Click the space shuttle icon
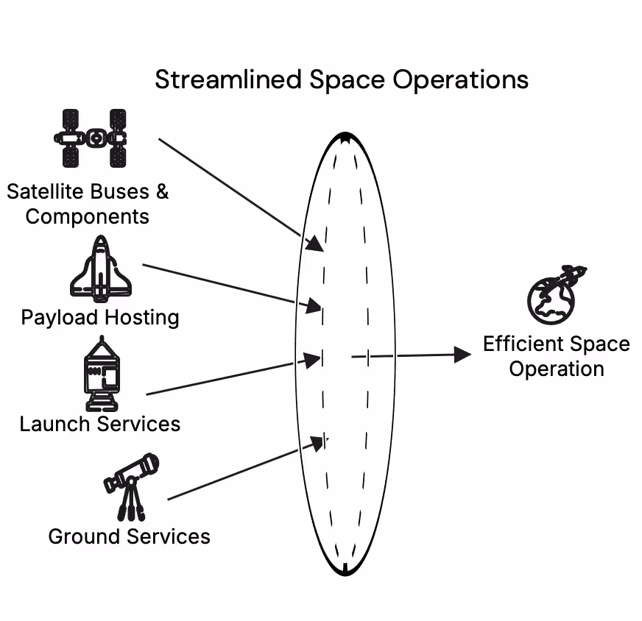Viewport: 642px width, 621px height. coord(100,270)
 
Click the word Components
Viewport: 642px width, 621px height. coord(87,217)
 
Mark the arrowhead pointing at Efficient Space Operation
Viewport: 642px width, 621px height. coord(463,355)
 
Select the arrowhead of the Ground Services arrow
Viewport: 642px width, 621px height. coord(318,443)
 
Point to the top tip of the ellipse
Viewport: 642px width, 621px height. coord(345,136)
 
